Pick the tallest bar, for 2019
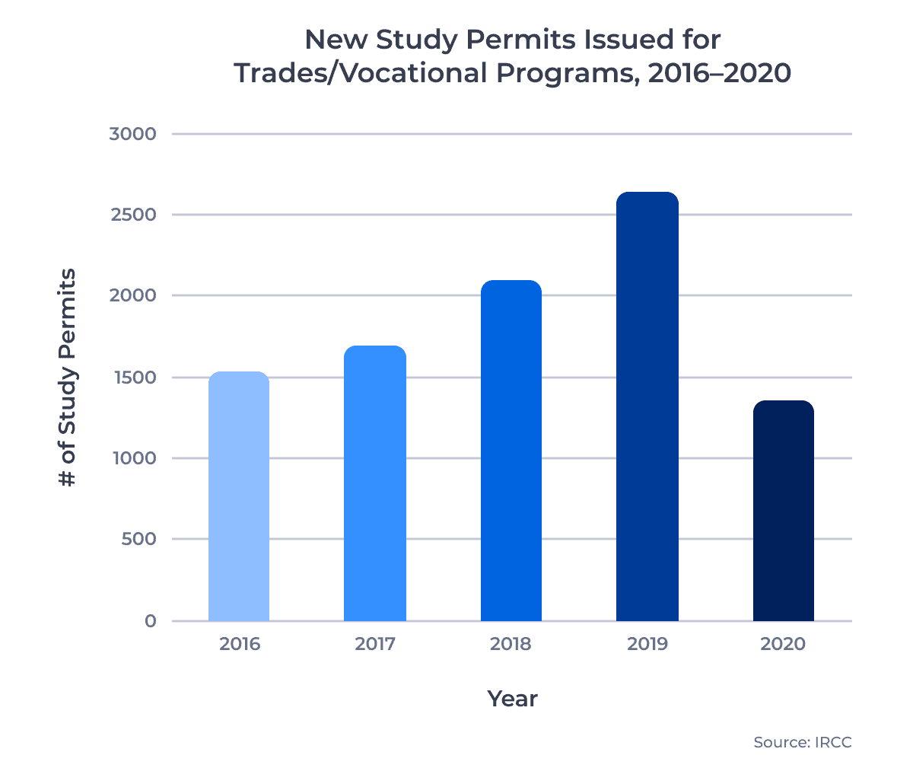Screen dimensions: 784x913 647,406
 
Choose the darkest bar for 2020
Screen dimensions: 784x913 783,511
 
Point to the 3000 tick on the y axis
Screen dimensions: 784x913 132,134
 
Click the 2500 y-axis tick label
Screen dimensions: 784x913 132,215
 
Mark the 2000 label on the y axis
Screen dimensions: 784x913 132,295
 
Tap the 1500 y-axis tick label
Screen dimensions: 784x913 132,378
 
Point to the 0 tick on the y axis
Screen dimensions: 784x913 150,621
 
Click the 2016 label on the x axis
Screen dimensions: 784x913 240,644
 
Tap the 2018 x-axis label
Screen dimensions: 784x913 511,644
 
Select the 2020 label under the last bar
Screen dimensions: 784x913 783,644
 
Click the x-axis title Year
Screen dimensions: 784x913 512,699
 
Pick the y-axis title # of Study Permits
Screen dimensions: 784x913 68,378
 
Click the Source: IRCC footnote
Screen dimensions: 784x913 803,742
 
